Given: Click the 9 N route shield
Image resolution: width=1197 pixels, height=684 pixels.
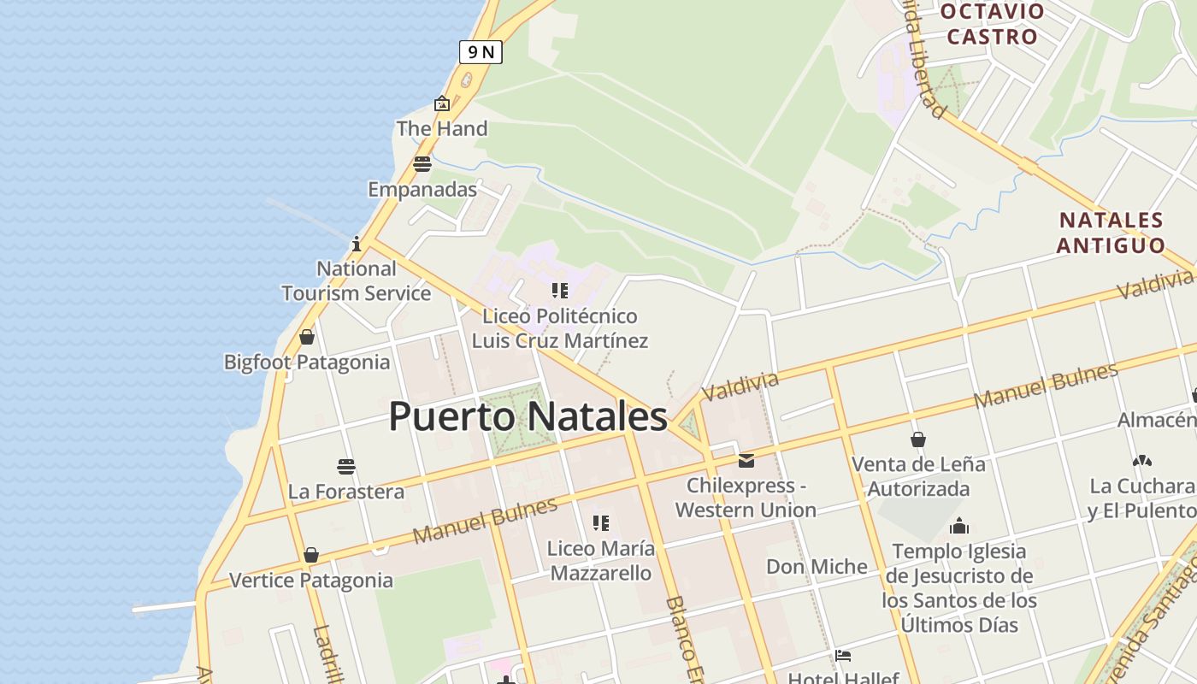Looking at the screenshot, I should tap(481, 52).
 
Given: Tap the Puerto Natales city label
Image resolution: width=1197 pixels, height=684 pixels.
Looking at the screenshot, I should tap(528, 416).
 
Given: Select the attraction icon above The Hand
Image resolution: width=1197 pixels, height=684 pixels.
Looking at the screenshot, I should tap(442, 103).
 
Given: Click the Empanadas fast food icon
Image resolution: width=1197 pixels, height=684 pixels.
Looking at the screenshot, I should tap(422, 164).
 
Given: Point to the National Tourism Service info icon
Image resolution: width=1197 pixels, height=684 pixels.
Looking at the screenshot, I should tap(357, 244).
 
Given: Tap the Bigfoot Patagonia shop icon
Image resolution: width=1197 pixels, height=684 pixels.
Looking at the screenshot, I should tap(307, 337).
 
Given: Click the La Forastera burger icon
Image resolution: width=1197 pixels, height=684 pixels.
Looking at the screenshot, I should tap(346, 467).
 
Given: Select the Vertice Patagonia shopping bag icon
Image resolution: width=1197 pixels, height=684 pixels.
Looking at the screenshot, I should tap(311, 555).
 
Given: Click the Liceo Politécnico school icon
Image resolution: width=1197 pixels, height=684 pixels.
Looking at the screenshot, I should tap(560, 291).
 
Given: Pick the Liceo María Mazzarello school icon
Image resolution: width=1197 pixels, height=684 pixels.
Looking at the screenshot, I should tap(601, 522).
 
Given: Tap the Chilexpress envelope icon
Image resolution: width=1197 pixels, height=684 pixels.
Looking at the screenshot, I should tap(746, 461).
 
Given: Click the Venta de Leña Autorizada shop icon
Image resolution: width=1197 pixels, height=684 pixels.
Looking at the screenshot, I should tap(918, 439).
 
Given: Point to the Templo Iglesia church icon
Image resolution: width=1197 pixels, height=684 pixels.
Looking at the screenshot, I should tap(959, 525).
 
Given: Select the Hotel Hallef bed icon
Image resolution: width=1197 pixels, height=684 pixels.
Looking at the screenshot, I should tap(843, 657).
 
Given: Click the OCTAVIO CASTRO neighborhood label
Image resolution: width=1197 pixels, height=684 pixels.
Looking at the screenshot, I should tap(992, 24).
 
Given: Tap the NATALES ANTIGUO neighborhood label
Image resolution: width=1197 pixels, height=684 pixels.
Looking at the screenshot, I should tap(1111, 233).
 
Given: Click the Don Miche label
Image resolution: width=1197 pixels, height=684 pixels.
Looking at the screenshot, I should tap(817, 566).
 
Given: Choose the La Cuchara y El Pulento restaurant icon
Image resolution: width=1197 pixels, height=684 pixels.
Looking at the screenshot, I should tap(1142, 461).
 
